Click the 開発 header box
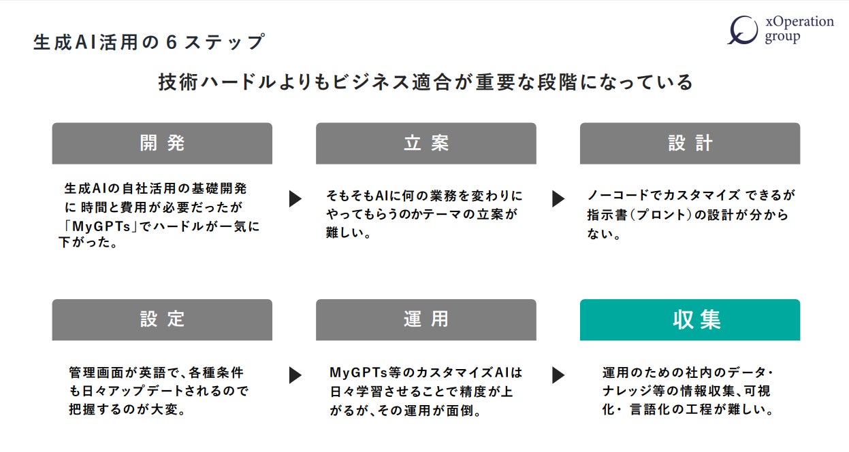(162, 143)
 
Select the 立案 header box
(426, 143)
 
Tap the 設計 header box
(690, 143)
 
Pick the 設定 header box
(162, 319)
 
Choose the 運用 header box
(426, 319)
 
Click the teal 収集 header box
(690, 319)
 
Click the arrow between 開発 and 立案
(295, 198)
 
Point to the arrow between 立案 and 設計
(558, 198)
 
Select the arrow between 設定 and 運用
(295, 375)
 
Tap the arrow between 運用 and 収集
(558, 375)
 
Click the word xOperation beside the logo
(799, 22)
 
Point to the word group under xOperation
(782, 38)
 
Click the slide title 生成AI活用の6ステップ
(148, 42)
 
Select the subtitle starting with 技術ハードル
(426, 82)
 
